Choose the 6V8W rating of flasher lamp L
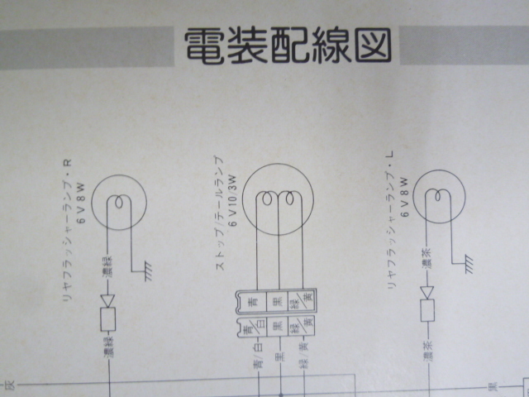[405, 196]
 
